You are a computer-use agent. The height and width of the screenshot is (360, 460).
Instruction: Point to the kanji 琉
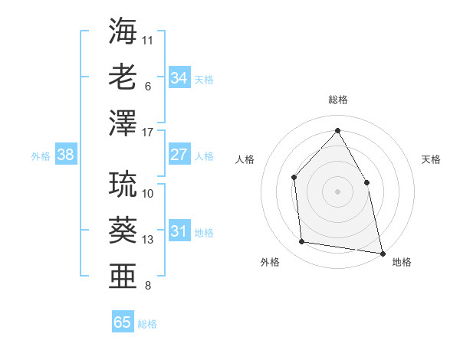(123, 183)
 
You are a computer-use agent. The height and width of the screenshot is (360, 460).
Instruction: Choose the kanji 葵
(123, 228)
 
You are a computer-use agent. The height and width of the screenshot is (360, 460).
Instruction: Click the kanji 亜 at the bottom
(123, 274)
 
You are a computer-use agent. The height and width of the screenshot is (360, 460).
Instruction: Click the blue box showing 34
(179, 78)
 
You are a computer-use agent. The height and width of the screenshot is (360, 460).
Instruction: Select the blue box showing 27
(179, 155)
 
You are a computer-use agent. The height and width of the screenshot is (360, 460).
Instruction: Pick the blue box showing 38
(65, 155)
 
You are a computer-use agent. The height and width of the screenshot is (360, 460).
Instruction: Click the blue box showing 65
(123, 322)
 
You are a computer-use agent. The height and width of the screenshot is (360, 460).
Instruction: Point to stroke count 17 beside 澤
(148, 133)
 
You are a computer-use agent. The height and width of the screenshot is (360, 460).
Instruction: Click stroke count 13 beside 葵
(148, 240)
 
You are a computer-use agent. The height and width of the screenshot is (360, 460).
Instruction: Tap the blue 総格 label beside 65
(147, 324)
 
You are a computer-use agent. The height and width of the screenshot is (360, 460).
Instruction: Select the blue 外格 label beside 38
(41, 156)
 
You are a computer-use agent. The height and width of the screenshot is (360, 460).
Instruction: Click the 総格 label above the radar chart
(337, 100)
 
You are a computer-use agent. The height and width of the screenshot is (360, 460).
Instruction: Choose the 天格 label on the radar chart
(432, 159)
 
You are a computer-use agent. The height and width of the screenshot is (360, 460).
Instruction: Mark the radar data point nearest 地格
(381, 252)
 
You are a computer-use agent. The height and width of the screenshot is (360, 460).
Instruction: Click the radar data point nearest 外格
(302, 242)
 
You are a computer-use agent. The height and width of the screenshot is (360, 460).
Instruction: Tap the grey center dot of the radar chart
(337, 191)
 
